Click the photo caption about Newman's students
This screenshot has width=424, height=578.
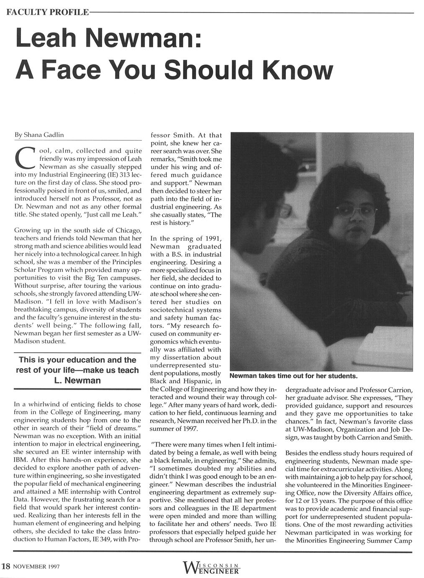pos(292,375)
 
